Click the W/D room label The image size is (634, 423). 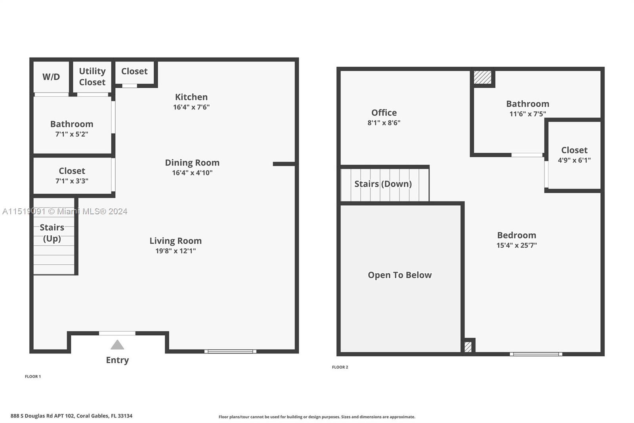(x=51, y=77)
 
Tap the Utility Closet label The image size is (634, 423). (x=92, y=77)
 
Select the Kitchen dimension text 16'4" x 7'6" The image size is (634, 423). (x=191, y=107)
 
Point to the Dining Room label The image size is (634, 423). (x=192, y=163)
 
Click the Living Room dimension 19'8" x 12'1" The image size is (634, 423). (x=176, y=251)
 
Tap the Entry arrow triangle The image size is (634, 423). (x=117, y=345)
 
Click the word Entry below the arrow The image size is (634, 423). (x=117, y=360)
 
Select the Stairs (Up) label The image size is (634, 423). (x=52, y=233)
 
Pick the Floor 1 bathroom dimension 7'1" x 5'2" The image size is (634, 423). (x=72, y=134)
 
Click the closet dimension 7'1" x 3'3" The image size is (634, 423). (x=72, y=181)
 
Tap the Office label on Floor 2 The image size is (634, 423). (x=384, y=113)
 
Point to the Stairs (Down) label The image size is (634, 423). (x=383, y=184)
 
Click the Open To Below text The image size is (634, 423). (x=400, y=275)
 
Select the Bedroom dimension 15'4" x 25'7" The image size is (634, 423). (x=517, y=245)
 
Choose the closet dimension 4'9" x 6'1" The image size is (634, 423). (x=574, y=160)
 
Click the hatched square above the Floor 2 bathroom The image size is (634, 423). (x=483, y=77)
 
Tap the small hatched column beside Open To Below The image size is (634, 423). (x=468, y=347)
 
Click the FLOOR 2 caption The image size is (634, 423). (x=340, y=367)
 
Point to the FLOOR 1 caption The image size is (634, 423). (x=33, y=377)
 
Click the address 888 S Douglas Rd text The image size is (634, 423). (x=71, y=416)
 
